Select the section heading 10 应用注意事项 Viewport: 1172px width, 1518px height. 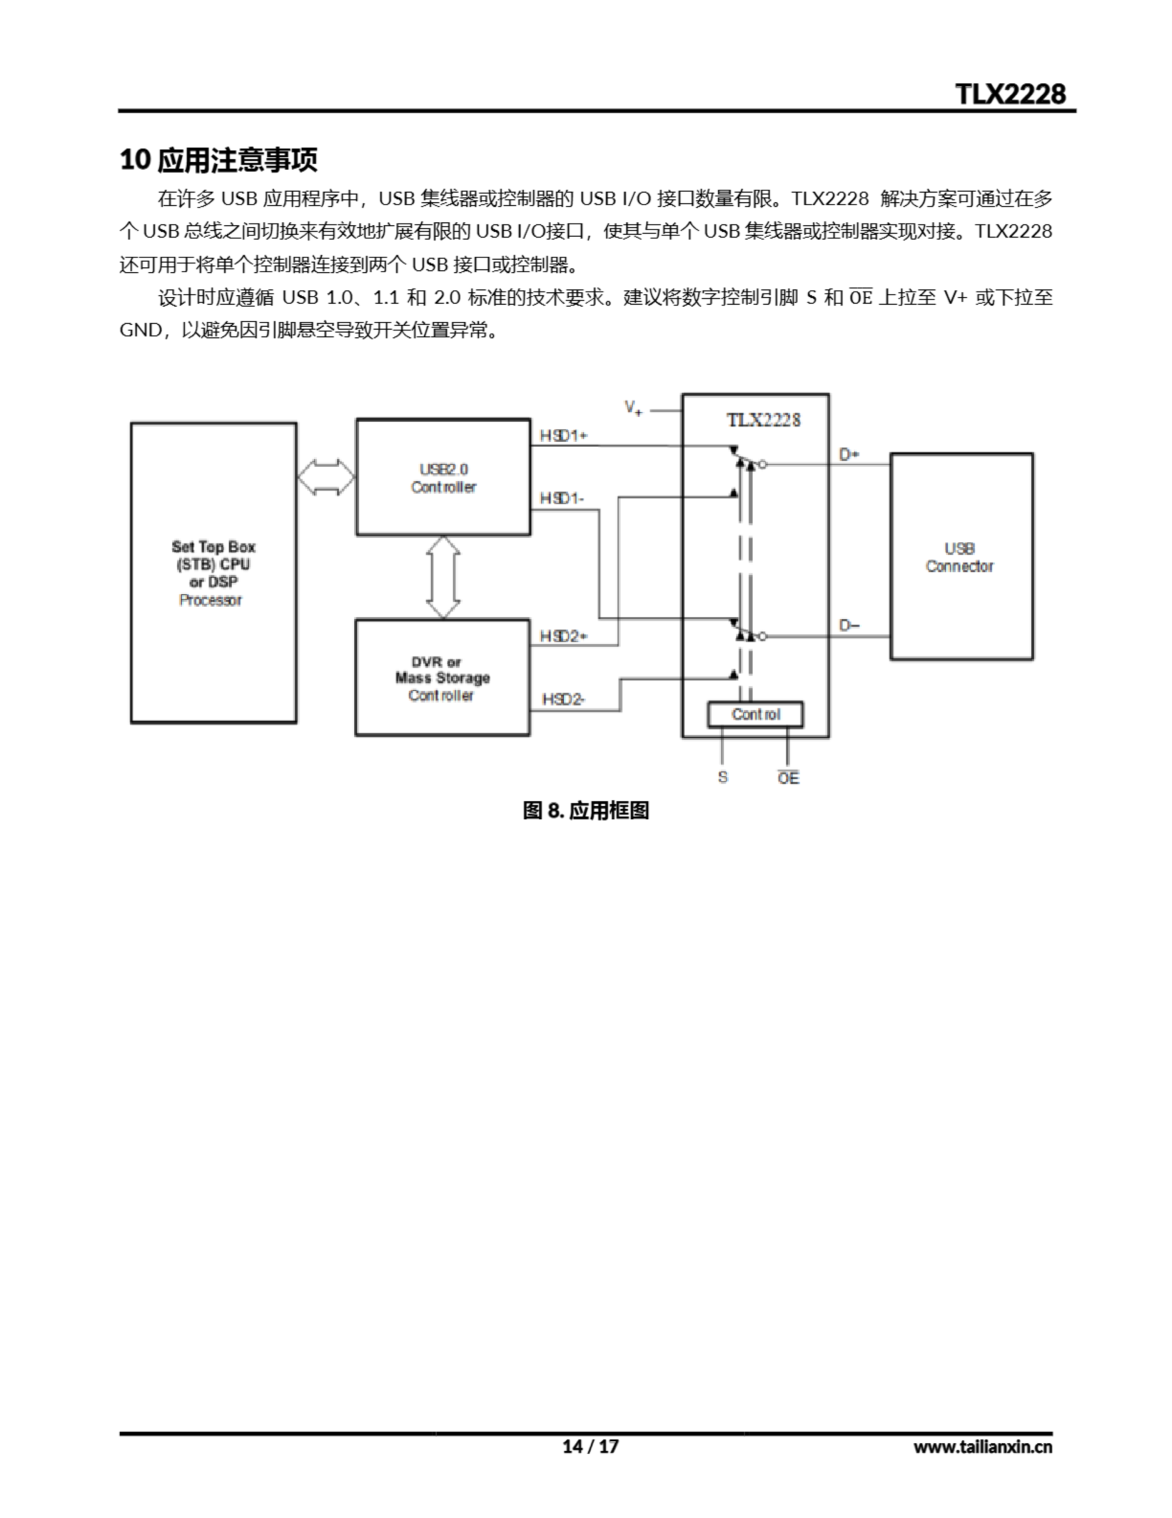(218, 160)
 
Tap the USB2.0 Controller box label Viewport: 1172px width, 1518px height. (443, 478)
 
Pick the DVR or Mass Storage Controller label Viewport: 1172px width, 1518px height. (442, 678)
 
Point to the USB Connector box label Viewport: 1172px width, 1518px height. (959, 557)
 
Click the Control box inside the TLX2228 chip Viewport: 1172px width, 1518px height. (755, 715)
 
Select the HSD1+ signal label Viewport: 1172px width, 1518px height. (563, 436)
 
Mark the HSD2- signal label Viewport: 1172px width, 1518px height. (563, 699)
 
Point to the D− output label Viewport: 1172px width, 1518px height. (849, 625)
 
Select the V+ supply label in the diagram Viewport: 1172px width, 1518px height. (633, 408)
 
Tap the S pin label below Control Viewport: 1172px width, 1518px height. (722, 777)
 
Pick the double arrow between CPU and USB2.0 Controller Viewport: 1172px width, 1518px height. (326, 477)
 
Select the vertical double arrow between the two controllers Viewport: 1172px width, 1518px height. (443, 577)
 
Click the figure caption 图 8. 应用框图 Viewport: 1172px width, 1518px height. (585, 811)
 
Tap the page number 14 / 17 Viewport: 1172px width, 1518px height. (590, 1446)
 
